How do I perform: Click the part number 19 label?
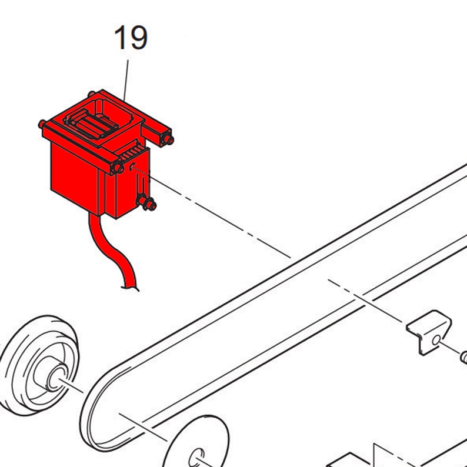[131, 37]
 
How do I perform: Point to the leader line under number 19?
[126, 80]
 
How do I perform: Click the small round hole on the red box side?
[132, 168]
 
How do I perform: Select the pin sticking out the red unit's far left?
[41, 124]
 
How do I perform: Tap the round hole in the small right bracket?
[436, 340]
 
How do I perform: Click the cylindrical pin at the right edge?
[463, 357]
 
